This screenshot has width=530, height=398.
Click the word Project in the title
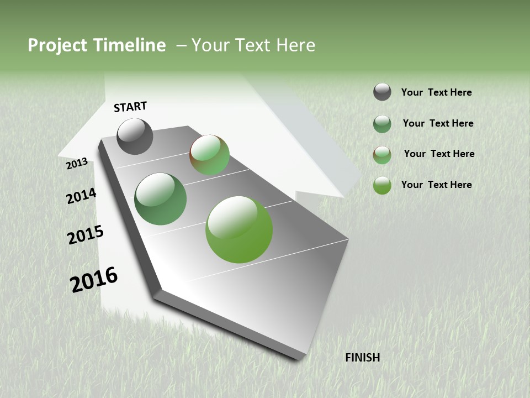coord(55,45)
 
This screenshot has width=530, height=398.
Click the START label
coord(130,107)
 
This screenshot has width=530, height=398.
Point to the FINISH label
coord(362,358)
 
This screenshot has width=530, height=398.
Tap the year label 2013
coord(77,164)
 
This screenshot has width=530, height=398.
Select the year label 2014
coord(81,196)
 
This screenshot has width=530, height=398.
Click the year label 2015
coord(86,235)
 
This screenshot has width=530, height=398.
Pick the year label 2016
coord(94,280)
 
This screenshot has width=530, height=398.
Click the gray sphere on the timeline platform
coord(135,136)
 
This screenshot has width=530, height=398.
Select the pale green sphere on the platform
coord(209,155)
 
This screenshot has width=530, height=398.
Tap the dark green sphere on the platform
coord(160,199)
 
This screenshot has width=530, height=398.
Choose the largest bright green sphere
coord(239,229)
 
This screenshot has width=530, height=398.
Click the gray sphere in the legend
coord(382,92)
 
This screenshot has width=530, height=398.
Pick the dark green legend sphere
coord(382,124)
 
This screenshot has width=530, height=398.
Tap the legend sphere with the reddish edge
coord(382,155)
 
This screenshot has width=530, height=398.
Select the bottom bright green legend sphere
coord(382,185)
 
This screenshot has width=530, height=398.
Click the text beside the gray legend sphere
coord(436,92)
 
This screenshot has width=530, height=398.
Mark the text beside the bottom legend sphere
coord(436,185)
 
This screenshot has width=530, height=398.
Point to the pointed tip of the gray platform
coord(301,357)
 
